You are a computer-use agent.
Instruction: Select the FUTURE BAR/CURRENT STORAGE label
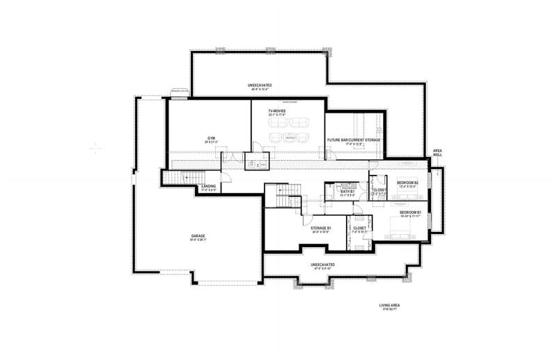(x=354, y=140)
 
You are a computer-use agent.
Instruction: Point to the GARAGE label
(x=198, y=236)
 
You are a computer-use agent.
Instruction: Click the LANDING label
(x=209, y=187)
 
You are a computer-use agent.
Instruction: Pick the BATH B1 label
(x=347, y=191)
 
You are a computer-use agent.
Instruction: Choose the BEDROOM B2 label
(x=407, y=183)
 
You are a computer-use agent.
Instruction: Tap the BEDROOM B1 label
(x=409, y=212)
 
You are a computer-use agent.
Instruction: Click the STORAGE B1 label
(x=320, y=228)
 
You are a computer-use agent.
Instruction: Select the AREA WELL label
(x=437, y=152)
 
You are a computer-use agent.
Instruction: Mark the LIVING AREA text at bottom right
(x=389, y=305)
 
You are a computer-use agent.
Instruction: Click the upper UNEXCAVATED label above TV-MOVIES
(x=260, y=86)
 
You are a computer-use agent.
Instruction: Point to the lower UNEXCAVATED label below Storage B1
(x=322, y=265)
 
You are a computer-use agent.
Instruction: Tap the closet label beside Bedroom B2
(x=379, y=190)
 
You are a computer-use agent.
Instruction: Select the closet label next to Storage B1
(x=359, y=228)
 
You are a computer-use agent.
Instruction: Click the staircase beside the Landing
(x=177, y=180)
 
